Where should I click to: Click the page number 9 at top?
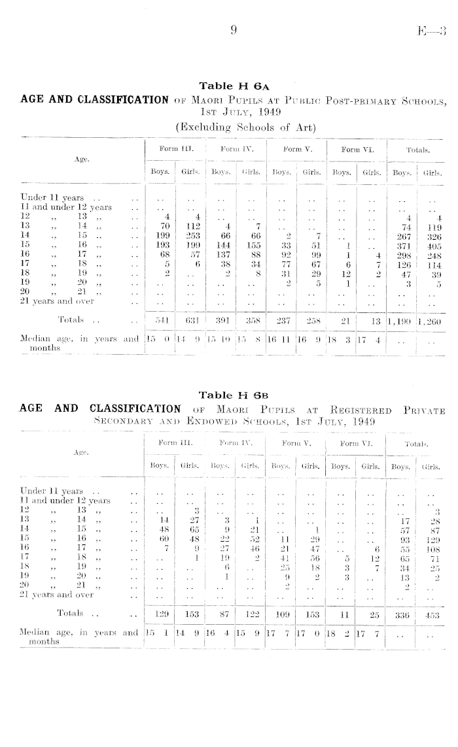coord(232,29)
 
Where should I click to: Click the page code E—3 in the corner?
coord(433,29)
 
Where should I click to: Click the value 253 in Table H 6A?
coord(194,235)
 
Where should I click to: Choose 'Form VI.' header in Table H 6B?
coord(355,443)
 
